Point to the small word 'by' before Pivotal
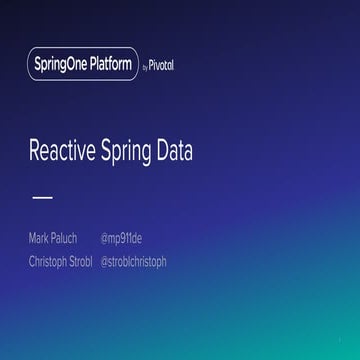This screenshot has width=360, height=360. pos(145,67)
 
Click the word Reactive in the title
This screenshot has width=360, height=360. pos(64,152)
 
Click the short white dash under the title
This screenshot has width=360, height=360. pos(43,197)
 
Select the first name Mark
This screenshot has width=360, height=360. pos(40,238)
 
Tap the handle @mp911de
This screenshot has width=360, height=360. pos(121,238)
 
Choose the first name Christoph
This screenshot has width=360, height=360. pos(49,262)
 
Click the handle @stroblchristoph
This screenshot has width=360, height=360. pos(135,262)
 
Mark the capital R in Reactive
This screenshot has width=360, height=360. pos(35,152)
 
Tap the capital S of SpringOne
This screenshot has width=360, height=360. pos(37,66)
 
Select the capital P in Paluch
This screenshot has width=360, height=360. pos(54,238)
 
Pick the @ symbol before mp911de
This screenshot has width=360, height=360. pos(104,238)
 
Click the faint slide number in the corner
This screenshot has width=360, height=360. pos(341,338)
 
